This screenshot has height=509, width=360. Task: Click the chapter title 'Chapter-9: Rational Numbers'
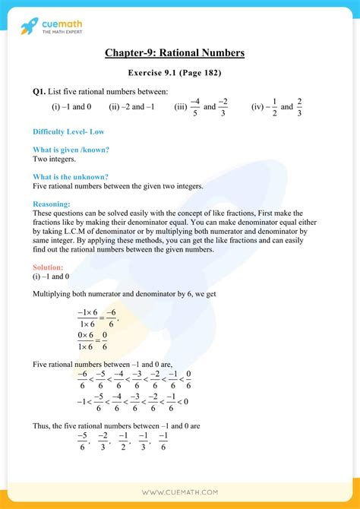click(179, 53)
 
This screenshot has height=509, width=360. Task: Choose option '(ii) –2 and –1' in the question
click(131, 107)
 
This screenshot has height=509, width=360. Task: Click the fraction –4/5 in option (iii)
click(194, 107)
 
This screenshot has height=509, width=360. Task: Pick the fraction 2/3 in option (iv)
click(299, 107)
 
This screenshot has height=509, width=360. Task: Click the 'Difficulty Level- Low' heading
click(68, 131)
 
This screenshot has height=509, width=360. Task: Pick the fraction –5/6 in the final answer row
click(83, 441)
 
